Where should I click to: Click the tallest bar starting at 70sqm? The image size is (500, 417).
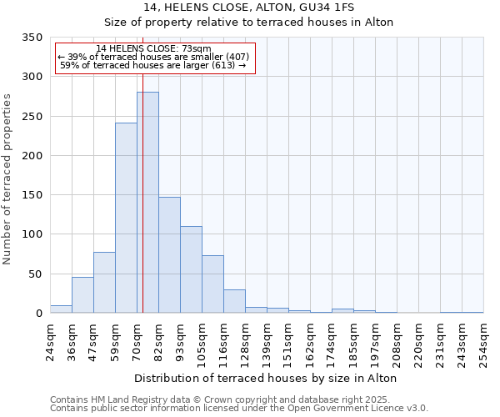coord(147,203)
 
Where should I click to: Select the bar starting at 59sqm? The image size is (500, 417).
coord(126,218)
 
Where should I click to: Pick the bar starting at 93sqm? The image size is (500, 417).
coord(191,269)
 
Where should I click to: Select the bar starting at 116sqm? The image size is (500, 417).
coord(234,301)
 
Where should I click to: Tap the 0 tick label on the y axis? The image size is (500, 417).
coord(37,314)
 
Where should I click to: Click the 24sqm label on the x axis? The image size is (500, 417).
coord(50,340)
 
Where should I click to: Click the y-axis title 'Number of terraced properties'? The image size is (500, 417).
coord(8,179)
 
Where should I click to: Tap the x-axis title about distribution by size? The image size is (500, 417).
coord(265,378)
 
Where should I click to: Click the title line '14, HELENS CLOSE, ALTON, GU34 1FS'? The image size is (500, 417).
coord(249,8)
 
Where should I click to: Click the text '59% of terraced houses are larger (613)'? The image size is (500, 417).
coord(153,65)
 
